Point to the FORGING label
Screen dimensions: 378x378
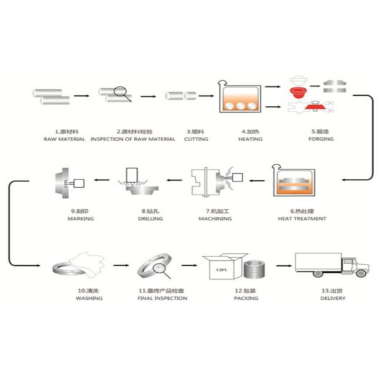pyautogui.click(x=321, y=139)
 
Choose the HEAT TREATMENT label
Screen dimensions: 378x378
pyautogui.click(x=302, y=219)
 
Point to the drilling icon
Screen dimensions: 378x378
pyautogui.click(x=134, y=183)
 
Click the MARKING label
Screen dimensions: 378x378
pyautogui.click(x=80, y=219)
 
